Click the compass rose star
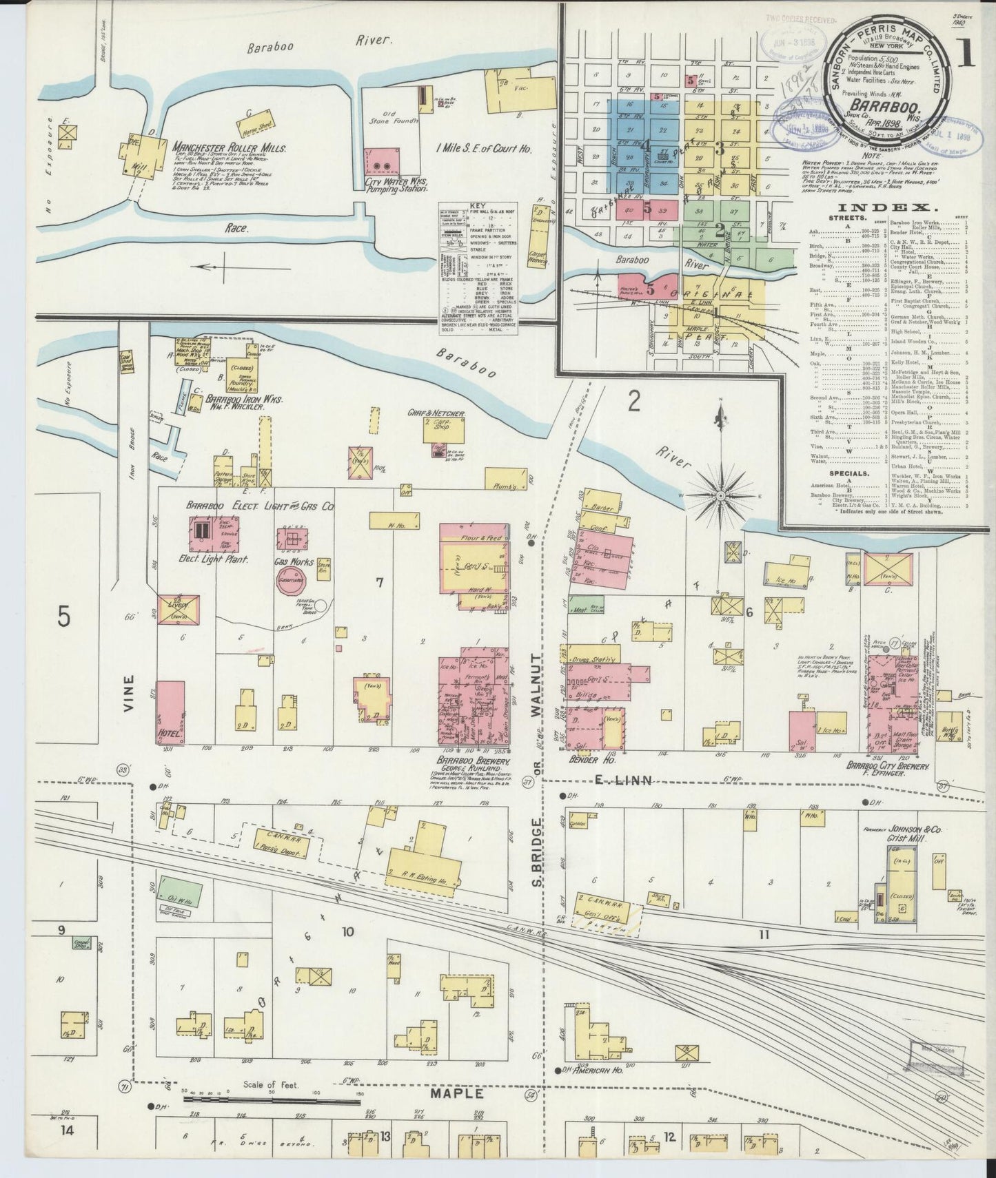tap(720, 495)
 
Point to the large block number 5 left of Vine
tap(64, 617)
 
